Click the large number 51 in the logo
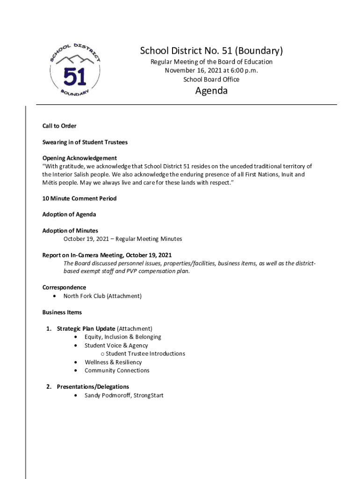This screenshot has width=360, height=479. (x=75, y=77)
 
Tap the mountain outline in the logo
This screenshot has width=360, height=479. (x=75, y=60)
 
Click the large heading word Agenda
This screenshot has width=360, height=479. (x=211, y=91)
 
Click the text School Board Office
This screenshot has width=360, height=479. (x=211, y=80)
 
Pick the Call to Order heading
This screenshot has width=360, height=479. (x=59, y=126)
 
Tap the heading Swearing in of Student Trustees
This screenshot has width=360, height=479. (x=85, y=142)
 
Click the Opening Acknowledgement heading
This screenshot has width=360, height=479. (x=79, y=158)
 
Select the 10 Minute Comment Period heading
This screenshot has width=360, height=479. (x=79, y=198)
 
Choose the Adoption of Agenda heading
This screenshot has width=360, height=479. (x=69, y=214)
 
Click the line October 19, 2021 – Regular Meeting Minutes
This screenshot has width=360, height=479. (x=123, y=239)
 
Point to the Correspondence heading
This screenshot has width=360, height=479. (x=64, y=287)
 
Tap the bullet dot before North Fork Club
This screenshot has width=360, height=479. (x=56, y=296)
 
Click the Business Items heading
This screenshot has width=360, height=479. (x=62, y=312)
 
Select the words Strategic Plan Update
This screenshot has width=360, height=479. (x=86, y=328)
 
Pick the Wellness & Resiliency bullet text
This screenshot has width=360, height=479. (x=113, y=362)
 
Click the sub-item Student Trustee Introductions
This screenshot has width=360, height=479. (x=145, y=354)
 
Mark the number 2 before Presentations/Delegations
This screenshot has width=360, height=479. (x=48, y=387)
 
